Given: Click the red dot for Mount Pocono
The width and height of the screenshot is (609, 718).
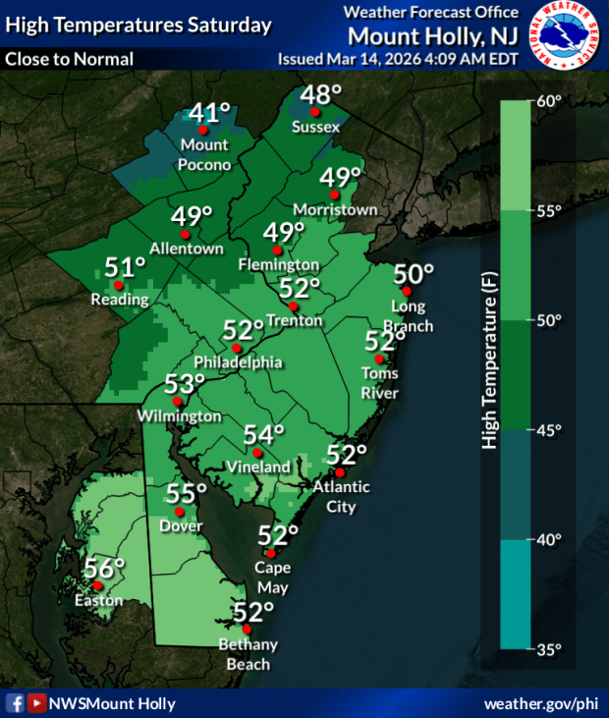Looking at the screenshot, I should pos(202,130).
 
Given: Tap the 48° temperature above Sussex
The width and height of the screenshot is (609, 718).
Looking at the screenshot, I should pos(320,95).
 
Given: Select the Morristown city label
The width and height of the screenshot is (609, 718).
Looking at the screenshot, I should pos(336,210).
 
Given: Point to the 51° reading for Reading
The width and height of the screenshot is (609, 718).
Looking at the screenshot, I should pos(126,266).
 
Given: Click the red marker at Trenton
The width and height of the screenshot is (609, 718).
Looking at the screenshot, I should pos(293,305).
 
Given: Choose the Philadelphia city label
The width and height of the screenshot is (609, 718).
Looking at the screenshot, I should pos(238,362).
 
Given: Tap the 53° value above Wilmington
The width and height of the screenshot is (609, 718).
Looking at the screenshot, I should pos(185,383).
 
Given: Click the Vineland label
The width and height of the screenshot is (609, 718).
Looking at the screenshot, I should pos(258,468).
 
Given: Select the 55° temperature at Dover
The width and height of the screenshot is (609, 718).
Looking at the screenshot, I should pos(187,493).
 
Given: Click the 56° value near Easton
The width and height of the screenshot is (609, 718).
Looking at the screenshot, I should pos(104,568).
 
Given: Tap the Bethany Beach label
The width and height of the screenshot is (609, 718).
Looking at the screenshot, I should pos(249,652).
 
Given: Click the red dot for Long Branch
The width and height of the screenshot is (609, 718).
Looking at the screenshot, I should pos(407,292).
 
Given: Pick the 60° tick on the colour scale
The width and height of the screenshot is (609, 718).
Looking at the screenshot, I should pos(548,101).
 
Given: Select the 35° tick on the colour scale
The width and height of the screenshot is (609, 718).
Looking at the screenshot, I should pos(548,649).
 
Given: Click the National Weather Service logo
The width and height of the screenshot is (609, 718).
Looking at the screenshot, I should pos(566,35).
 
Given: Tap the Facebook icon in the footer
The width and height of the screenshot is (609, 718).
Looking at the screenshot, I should pos(15,703).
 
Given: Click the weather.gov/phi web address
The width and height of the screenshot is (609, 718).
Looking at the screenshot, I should pos(540,704).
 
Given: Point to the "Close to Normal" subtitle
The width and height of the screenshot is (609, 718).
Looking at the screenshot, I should pos(69,59).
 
